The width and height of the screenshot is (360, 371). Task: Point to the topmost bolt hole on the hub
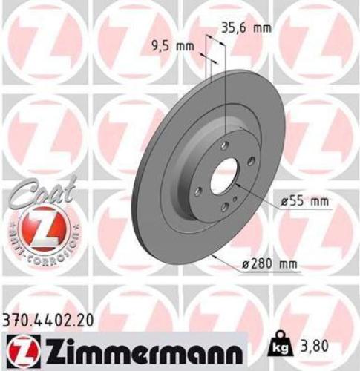[225, 145]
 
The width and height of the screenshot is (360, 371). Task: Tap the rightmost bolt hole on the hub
[252, 161]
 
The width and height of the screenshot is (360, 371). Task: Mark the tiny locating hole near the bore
[236, 198]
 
